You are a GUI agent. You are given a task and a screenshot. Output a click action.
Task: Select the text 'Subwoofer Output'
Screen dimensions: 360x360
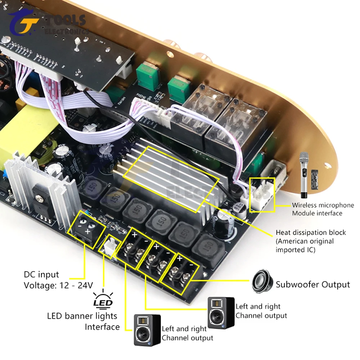pyautogui.click(x=312, y=284)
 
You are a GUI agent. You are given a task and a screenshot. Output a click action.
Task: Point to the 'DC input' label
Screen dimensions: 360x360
pyautogui.click(x=41, y=275)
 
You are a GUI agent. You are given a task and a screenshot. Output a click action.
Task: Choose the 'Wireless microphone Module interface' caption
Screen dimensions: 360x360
pyautogui.click(x=323, y=209)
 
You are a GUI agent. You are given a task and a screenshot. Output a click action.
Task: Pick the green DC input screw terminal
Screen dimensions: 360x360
pyautogui.click(x=86, y=229)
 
